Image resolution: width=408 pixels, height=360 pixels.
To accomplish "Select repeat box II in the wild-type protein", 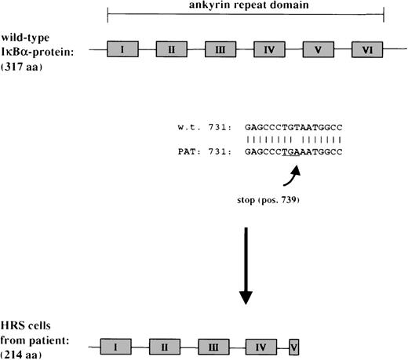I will pos(171,50).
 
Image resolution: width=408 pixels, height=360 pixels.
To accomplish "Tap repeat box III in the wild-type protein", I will pos(220,50).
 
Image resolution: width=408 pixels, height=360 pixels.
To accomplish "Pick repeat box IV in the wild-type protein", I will pos(268,50).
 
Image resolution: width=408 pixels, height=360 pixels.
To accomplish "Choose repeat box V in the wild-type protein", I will pos(318,50).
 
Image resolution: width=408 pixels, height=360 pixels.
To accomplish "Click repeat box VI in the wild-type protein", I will pos(366,50).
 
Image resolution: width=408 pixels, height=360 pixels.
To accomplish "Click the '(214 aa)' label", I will pos(24,354).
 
